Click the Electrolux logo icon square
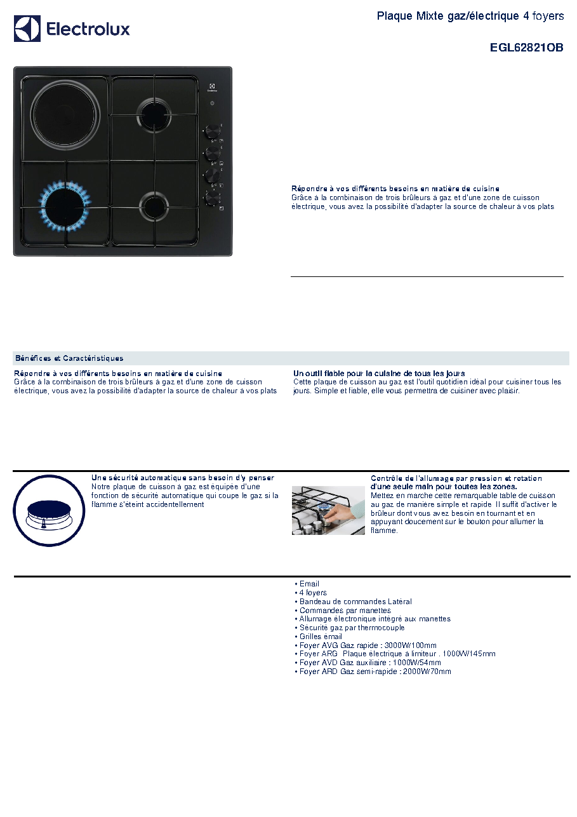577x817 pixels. [27, 29]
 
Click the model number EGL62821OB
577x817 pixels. [526, 48]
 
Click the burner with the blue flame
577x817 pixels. [65, 206]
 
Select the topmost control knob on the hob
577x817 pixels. [212, 132]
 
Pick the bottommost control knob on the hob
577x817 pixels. [212, 199]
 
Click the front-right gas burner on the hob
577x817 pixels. [154, 206]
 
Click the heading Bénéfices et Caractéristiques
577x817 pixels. [69, 358]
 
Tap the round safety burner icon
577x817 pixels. [49, 511]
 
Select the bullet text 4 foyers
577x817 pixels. [313, 592]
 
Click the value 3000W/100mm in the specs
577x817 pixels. [411, 645]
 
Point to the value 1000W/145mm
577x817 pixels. [468, 654]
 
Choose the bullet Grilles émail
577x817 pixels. [321, 636]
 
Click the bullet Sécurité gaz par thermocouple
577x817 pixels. [352, 627]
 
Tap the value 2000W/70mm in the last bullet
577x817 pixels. [427, 671]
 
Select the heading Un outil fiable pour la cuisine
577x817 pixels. [379, 373]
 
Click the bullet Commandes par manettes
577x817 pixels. [345, 610]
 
